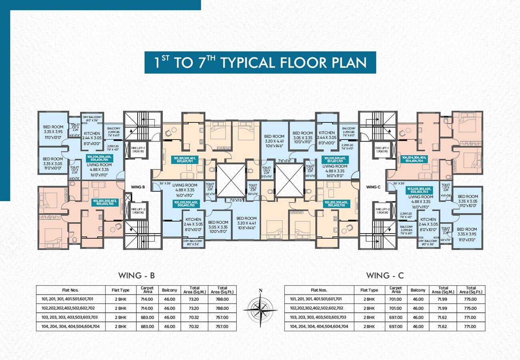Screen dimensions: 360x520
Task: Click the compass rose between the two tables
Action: (x=260, y=308)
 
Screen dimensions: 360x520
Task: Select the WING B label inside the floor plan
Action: (x=138, y=187)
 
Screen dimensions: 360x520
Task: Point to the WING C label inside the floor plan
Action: (x=373, y=187)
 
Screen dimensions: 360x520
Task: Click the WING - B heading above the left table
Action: (x=136, y=276)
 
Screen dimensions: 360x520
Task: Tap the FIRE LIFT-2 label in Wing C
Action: (x=382, y=211)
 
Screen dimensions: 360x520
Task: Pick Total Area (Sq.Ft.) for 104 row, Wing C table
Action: (x=471, y=326)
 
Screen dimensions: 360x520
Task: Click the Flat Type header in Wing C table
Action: (x=369, y=290)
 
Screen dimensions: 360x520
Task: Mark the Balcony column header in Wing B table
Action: (x=170, y=290)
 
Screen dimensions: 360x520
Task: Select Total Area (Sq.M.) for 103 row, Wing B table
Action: (x=194, y=317)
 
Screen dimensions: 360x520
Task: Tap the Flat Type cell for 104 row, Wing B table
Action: (x=120, y=326)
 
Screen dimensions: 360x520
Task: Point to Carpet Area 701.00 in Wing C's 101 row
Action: (x=395, y=299)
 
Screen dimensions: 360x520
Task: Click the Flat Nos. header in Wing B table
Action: (x=70, y=290)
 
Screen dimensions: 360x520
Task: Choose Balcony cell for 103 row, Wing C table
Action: (x=418, y=317)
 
